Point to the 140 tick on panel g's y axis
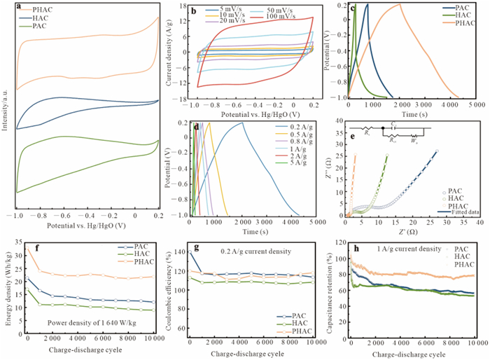(183, 251)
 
